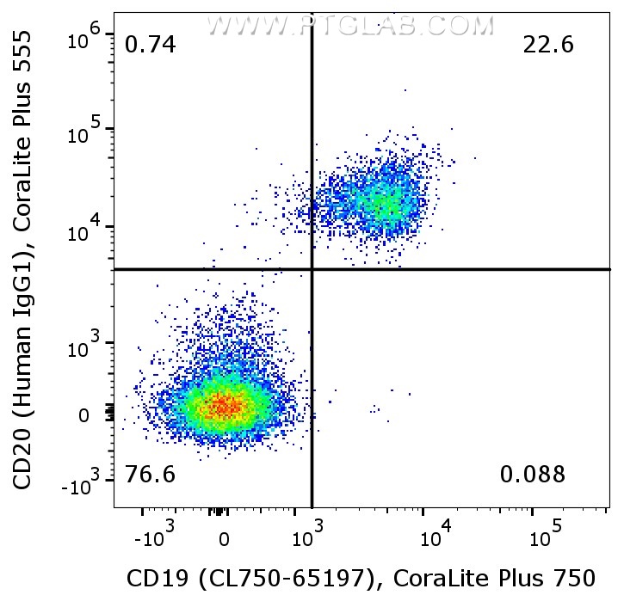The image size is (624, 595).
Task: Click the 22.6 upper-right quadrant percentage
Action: click(x=548, y=45)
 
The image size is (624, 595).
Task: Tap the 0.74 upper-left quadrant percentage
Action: click(x=150, y=45)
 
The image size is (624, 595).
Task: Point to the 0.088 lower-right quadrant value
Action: click(x=533, y=474)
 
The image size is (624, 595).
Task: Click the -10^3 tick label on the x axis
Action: click(x=157, y=538)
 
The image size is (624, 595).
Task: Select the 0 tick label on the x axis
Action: click(x=224, y=540)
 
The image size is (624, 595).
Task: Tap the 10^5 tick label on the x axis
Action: click(x=541, y=538)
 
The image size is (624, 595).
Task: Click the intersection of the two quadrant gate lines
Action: click(x=312, y=269)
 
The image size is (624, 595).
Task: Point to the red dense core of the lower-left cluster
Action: click(x=223, y=404)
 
